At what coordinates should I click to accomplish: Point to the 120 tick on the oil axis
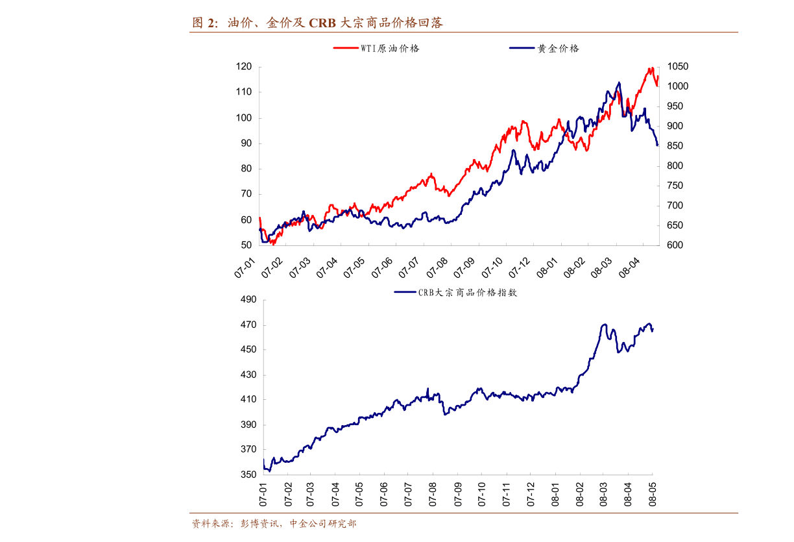(244, 67)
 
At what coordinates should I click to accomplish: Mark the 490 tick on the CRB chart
(249, 300)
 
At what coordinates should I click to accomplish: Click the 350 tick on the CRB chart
(249, 474)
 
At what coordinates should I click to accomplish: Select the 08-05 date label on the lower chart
(653, 494)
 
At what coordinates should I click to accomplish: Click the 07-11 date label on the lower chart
(507, 494)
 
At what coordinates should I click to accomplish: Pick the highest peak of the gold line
(619, 82)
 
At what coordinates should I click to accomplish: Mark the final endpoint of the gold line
(657, 145)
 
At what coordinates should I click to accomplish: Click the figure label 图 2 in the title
(206, 23)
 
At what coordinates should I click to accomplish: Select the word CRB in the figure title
(322, 23)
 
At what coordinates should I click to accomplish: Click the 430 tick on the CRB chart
(249, 375)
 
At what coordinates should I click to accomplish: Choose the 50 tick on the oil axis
(247, 245)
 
